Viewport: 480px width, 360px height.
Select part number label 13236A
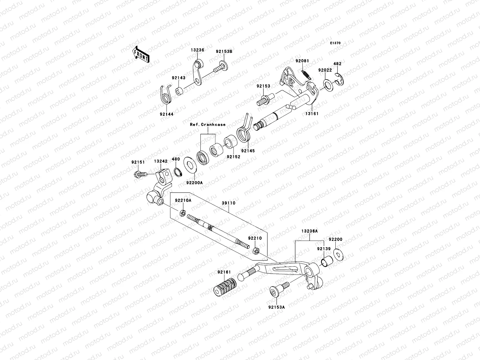310,231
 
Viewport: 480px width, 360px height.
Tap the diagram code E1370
335,43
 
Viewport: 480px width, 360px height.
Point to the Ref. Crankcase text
207,124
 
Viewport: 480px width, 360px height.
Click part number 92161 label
224,272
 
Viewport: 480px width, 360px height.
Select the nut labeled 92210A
182,214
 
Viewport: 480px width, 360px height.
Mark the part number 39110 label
229,203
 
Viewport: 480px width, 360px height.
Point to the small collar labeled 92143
180,90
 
